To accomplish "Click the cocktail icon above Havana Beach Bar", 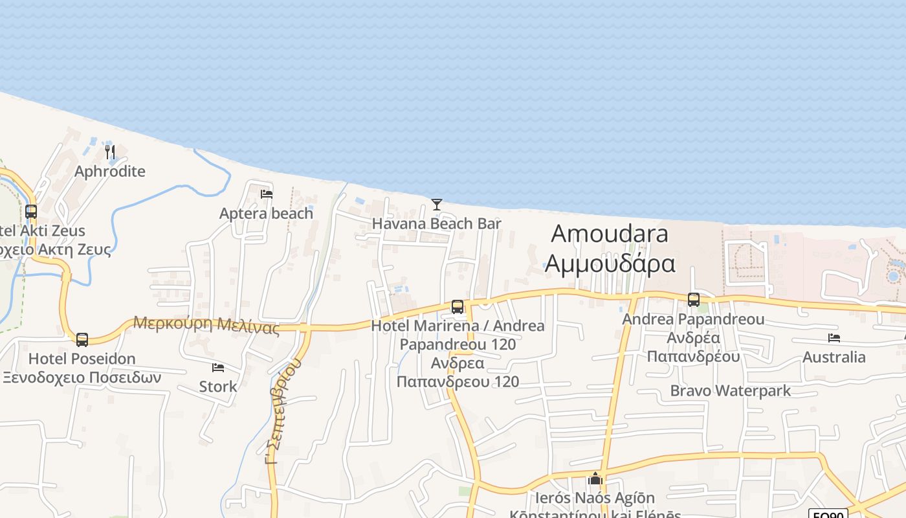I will pyautogui.click(x=437, y=205).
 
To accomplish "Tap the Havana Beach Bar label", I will pyautogui.click(x=437, y=224).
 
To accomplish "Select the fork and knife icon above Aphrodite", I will pyautogui.click(x=110, y=152).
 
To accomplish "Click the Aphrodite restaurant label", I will pyautogui.click(x=110, y=172).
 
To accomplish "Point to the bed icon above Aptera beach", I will pyautogui.click(x=266, y=194).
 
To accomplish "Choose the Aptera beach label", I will pyautogui.click(x=266, y=213).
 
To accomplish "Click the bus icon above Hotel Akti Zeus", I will pyautogui.click(x=31, y=211).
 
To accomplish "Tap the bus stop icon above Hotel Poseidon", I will pyautogui.click(x=82, y=339).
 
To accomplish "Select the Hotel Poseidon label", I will pyautogui.click(x=82, y=359).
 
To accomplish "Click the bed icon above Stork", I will pyautogui.click(x=218, y=368).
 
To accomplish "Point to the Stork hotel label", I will pyautogui.click(x=218, y=387).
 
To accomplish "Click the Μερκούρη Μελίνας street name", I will pyautogui.click(x=206, y=324).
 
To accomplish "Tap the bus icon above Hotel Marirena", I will pyautogui.click(x=458, y=307).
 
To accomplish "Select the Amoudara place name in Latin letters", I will pyautogui.click(x=609, y=234).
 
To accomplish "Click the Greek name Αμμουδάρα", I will pyautogui.click(x=610, y=264).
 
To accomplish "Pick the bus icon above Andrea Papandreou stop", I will pyautogui.click(x=694, y=300).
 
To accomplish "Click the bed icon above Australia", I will pyautogui.click(x=834, y=338).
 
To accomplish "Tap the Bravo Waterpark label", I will pyautogui.click(x=731, y=390).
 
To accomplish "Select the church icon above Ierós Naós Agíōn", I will pyautogui.click(x=595, y=479).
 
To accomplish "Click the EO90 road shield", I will pyautogui.click(x=828, y=515).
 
